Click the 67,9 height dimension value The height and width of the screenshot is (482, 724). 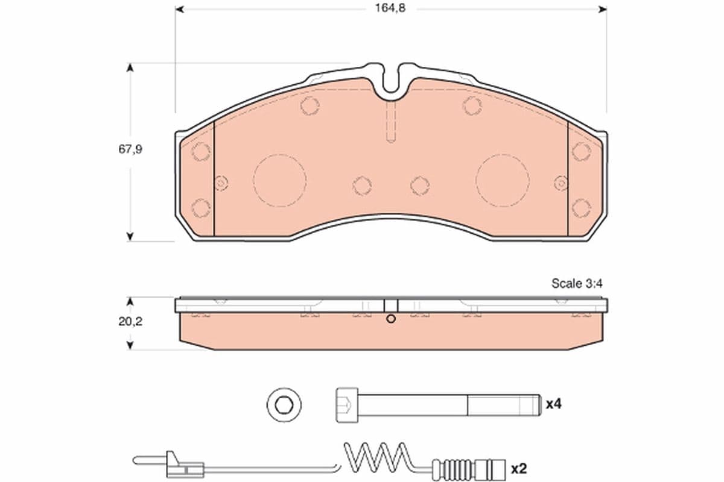[130, 149]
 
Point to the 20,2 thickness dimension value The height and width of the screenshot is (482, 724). [130, 322]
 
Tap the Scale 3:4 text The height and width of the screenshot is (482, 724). [577, 284]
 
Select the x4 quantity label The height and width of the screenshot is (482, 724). [553, 404]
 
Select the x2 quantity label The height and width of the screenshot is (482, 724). [518, 468]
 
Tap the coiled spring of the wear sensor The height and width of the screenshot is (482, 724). [377, 458]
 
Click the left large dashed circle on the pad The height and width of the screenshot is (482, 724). [279, 180]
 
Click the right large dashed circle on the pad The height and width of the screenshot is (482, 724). [502, 180]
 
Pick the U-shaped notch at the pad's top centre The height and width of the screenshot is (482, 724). [392, 81]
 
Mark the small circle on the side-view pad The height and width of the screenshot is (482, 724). [390, 319]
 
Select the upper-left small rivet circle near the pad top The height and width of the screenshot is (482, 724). [310, 106]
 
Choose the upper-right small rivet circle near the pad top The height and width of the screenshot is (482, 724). [472, 105]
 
